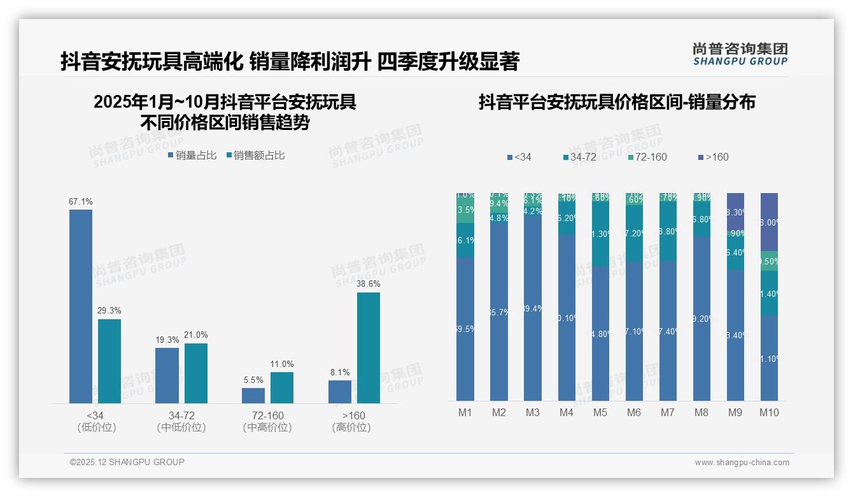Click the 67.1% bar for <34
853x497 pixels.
pyautogui.click(x=81, y=306)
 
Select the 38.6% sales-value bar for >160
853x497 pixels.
pyautogui.click(x=369, y=347)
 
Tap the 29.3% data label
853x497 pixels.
pyautogui.click(x=109, y=311)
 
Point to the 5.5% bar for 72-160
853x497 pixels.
pyautogui.click(x=253, y=395)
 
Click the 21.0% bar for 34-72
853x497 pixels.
pyautogui.click(x=196, y=373)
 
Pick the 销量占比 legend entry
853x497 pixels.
pyautogui.click(x=192, y=155)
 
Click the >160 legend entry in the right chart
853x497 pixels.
pyautogui.click(x=714, y=157)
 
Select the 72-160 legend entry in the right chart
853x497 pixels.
pyautogui.click(x=647, y=157)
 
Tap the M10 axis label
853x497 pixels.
pyautogui.click(x=769, y=413)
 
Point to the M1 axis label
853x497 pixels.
pyautogui.click(x=465, y=413)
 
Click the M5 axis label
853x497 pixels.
pyautogui.click(x=600, y=413)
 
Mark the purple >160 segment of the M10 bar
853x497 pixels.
pyautogui.click(x=769, y=222)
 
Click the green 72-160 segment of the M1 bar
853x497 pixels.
pyautogui.click(x=465, y=210)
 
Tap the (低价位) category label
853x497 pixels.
pyautogui.click(x=97, y=428)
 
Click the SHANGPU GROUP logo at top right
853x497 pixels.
pyautogui.click(x=740, y=54)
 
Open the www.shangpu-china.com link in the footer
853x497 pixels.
pyautogui.click(x=742, y=463)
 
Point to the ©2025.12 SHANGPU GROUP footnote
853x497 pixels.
pyautogui.click(x=127, y=462)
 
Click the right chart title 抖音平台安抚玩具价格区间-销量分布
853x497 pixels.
pyautogui.click(x=617, y=102)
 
